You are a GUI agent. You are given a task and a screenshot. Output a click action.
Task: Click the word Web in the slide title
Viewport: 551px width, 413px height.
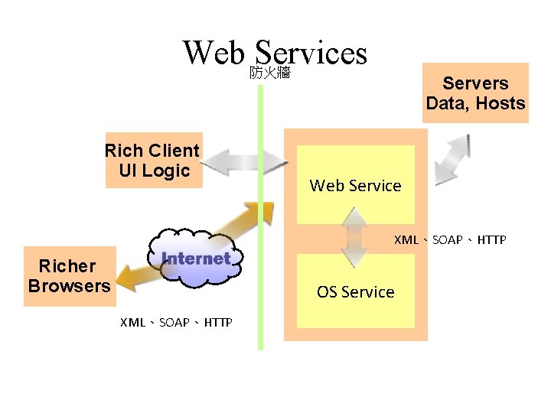point(214,53)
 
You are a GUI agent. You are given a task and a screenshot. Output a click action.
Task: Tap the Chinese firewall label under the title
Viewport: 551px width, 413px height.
point(269,73)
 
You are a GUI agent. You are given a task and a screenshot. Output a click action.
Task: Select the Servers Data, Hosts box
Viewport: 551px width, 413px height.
point(475,93)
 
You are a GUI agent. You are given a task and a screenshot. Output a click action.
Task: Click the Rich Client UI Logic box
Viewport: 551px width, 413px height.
point(152,161)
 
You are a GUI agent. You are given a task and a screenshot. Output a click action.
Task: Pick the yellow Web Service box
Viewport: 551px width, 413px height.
point(355,185)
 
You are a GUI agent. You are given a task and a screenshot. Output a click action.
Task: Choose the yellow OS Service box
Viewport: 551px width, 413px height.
point(355,291)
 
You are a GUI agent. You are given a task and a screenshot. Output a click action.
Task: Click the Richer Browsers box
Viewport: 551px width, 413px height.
point(69,276)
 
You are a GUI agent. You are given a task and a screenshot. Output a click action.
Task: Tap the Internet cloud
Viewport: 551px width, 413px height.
point(195,260)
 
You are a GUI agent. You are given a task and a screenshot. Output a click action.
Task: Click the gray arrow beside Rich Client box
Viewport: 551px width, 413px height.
point(244,161)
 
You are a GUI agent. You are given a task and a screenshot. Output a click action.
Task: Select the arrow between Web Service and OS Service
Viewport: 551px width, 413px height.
point(355,239)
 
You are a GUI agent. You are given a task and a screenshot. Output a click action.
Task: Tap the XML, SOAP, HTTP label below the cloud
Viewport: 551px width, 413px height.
point(176,322)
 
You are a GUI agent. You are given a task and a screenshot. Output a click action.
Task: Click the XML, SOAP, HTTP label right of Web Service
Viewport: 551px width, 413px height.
point(450,240)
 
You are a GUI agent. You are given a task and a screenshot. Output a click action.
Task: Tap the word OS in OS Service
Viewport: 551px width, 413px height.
point(327,291)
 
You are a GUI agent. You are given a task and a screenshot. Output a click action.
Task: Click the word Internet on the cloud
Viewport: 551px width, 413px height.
point(196,259)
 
